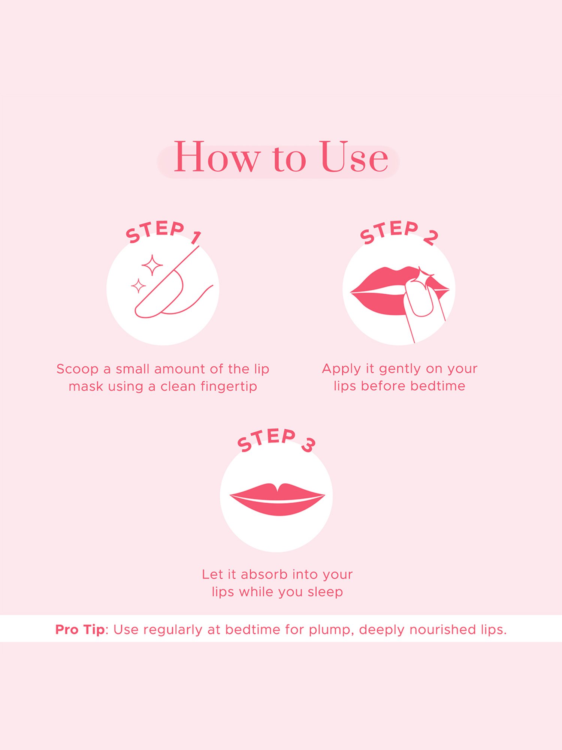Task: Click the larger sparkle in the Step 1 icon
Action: pos(152,265)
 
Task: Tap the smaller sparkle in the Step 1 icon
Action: pos(138,286)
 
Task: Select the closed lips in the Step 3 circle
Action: pos(277,499)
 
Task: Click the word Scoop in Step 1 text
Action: pos(78,369)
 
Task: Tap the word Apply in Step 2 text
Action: pos(341,369)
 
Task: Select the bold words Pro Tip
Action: pos(80,630)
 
